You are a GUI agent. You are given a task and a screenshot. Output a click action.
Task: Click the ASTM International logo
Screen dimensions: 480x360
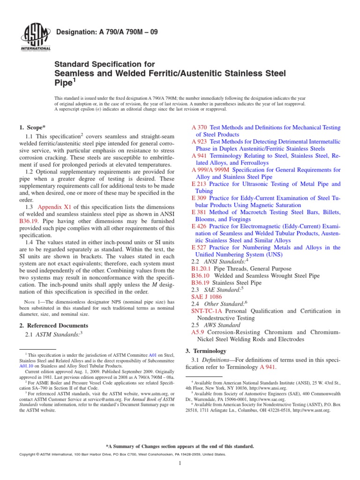(x=36, y=37)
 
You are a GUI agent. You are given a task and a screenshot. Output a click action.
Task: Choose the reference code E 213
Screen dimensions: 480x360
(x=199, y=184)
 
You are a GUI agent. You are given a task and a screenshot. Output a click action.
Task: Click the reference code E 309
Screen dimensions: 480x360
(x=199, y=198)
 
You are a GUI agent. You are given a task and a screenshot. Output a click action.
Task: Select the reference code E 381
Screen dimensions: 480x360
(x=199, y=212)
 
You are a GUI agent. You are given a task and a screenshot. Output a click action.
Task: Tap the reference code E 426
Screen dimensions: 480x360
(x=199, y=226)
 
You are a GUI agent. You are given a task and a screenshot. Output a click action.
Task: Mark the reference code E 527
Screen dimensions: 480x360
(x=199, y=247)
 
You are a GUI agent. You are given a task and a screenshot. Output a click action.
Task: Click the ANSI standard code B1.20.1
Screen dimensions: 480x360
(x=201, y=269)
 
